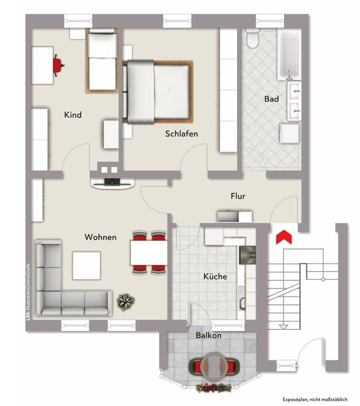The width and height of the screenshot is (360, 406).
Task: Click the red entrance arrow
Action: point(284,236)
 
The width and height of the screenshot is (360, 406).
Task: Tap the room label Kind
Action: point(73,115)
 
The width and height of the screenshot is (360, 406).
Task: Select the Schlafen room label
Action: point(181,133)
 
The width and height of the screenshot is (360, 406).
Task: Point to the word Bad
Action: point(271,99)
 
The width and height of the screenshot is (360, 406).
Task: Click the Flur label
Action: point(238,196)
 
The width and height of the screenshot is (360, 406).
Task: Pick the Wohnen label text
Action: point(100,237)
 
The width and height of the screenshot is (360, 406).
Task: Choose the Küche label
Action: point(215,276)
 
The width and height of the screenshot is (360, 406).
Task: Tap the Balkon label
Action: point(209,335)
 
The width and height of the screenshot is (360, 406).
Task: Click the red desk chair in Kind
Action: point(57,64)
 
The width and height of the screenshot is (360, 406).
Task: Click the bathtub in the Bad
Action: point(288,52)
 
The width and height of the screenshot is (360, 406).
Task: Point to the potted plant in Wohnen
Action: point(125,302)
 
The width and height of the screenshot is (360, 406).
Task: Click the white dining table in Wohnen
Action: point(148,253)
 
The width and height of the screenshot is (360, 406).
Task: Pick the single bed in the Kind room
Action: point(102,61)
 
